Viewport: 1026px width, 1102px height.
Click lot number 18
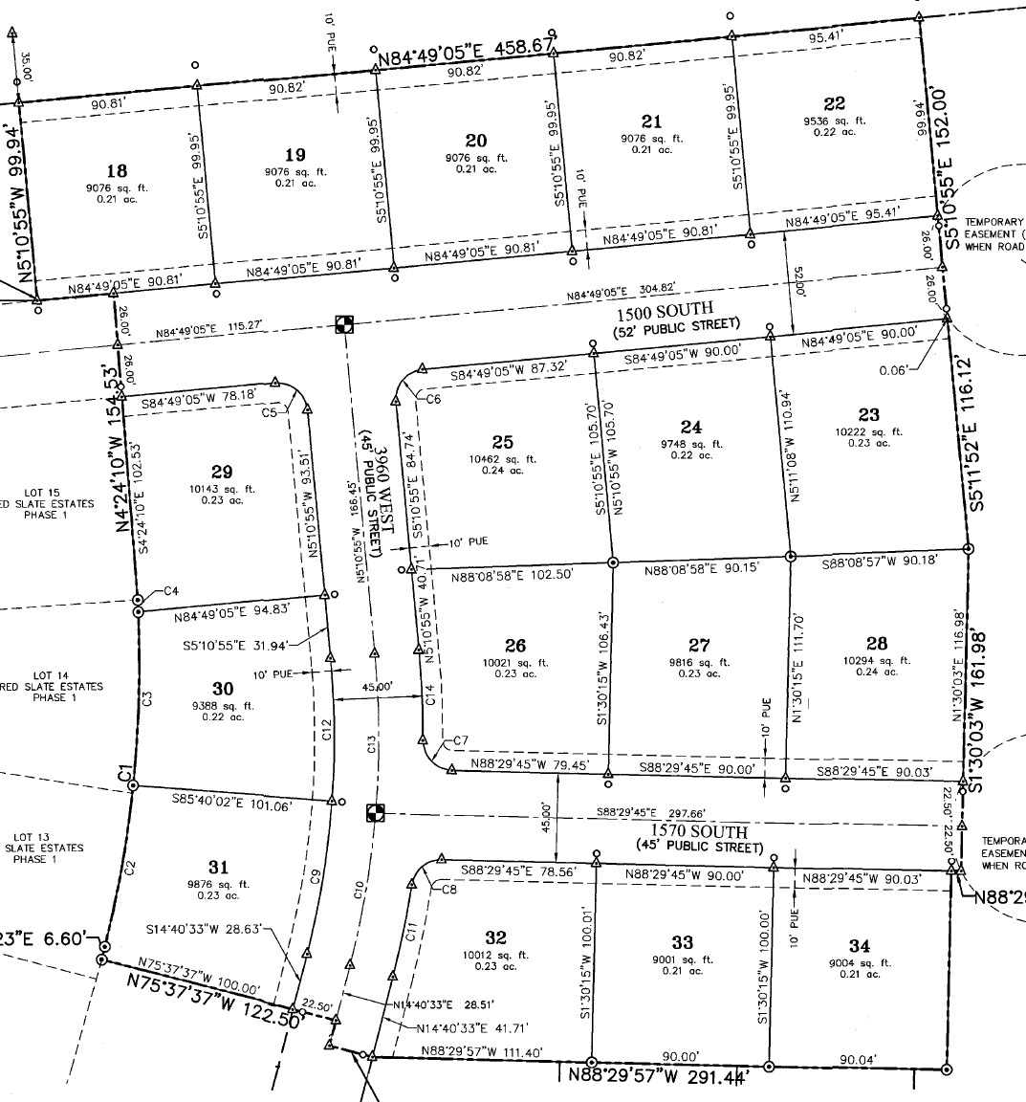(x=117, y=172)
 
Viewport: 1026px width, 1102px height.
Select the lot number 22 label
(x=834, y=104)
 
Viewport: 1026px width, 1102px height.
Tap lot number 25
(x=503, y=442)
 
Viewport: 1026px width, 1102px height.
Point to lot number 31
(x=219, y=867)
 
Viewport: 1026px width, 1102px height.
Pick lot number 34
(x=860, y=946)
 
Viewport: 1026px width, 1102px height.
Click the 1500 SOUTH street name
(x=677, y=309)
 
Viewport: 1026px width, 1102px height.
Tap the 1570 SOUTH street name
(x=699, y=831)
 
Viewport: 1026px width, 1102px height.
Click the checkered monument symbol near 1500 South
(x=344, y=324)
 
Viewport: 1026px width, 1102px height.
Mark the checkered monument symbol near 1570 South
(x=376, y=813)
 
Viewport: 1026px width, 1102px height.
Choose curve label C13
(x=369, y=742)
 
